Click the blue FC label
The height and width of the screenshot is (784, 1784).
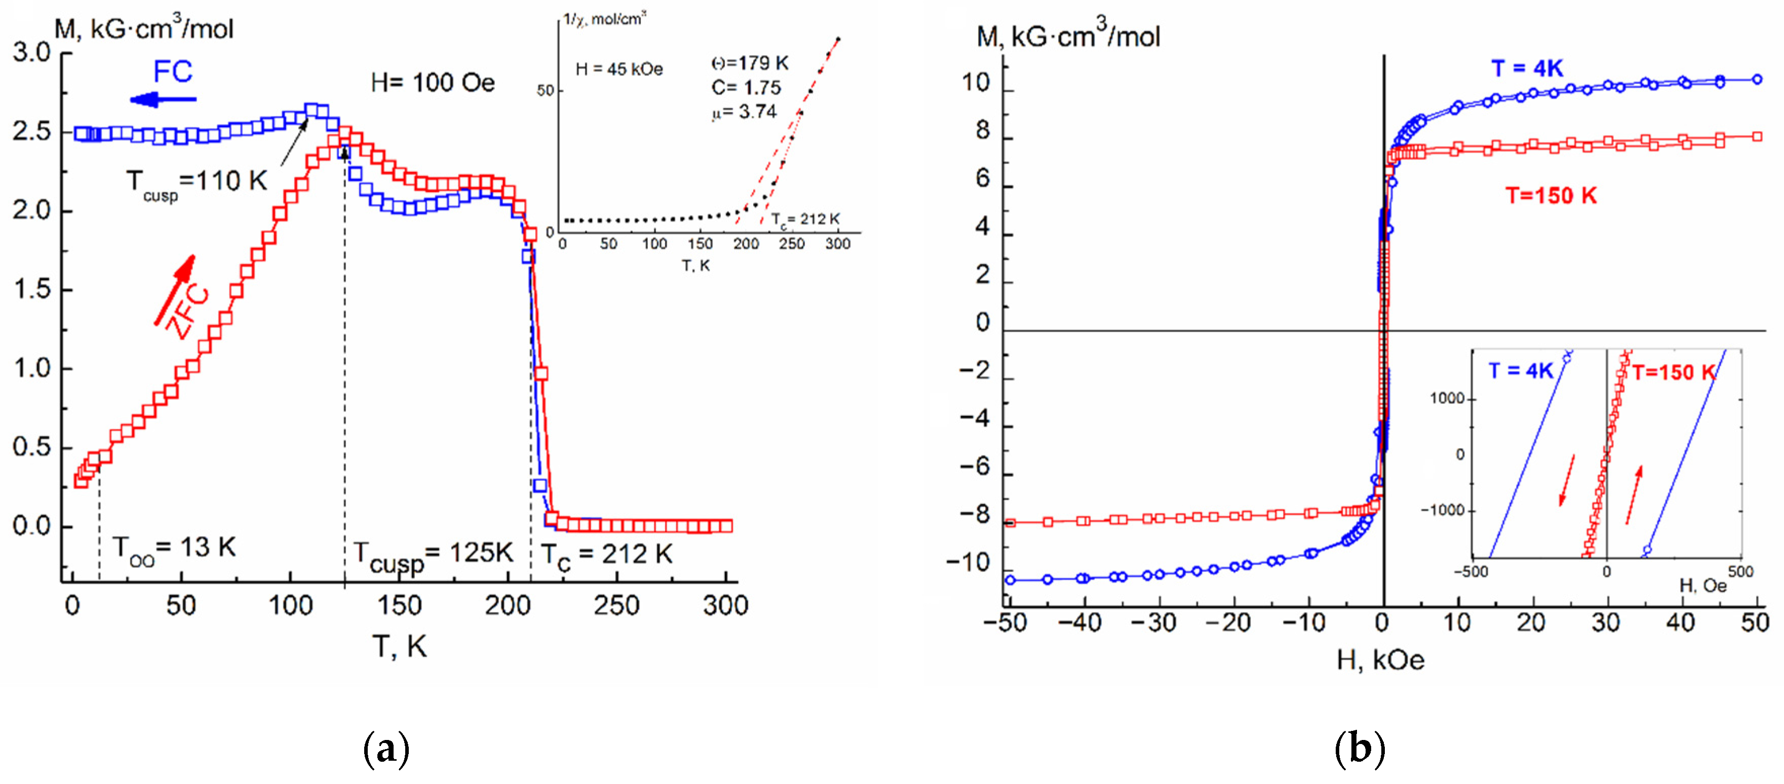point(172,71)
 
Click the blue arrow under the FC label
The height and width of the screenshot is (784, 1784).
point(164,100)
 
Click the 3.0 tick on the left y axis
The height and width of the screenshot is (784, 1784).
point(32,53)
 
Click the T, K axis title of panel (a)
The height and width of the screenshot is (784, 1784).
point(400,646)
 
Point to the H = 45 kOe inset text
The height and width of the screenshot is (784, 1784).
point(619,69)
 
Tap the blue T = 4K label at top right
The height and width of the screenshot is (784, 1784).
point(1527,68)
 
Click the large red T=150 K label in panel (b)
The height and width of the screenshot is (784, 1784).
point(1552,196)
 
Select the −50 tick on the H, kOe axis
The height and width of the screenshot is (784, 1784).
point(1005,623)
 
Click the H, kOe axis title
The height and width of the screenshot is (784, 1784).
point(1380,660)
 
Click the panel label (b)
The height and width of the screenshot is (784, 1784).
point(1360,748)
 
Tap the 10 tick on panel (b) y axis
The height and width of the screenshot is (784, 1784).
point(975,83)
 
